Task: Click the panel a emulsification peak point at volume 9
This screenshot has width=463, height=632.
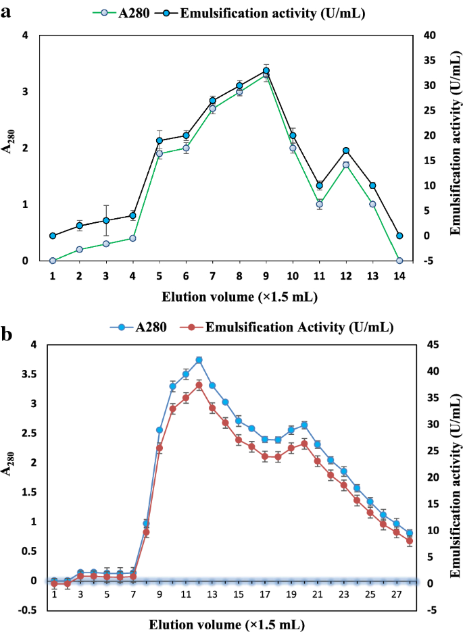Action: click(266, 70)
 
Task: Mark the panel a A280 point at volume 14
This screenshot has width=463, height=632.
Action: click(399, 260)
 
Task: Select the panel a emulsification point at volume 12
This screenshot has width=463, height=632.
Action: click(346, 151)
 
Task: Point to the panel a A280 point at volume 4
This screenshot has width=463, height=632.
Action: click(133, 238)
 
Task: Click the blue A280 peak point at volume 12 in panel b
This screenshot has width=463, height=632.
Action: click(199, 360)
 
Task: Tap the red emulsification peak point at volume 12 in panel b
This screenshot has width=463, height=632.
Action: click(199, 385)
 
